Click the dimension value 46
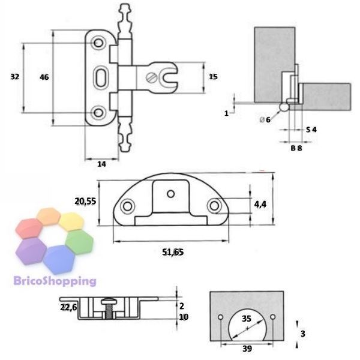pyautogui.click(x=44, y=77)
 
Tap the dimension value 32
pyautogui.click(x=15, y=77)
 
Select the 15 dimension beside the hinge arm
pyautogui.click(x=213, y=77)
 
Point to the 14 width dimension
pyautogui.click(x=102, y=164)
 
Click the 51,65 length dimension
pyautogui.click(x=173, y=252)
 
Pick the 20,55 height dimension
pyautogui.click(x=85, y=202)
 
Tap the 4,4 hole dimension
pyautogui.click(x=260, y=204)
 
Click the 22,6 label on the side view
pyautogui.click(x=68, y=307)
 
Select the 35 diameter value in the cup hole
pyautogui.click(x=247, y=319)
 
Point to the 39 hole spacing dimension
pyautogui.click(x=247, y=349)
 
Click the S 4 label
pyautogui.click(x=311, y=130)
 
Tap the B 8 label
pyautogui.click(x=296, y=148)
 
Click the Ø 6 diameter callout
pyautogui.click(x=265, y=119)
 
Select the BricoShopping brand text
pyautogui.click(x=55, y=281)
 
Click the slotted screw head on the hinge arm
pyautogui.click(x=152, y=78)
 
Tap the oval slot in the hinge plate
pyautogui.click(x=100, y=77)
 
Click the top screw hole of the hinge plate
pyautogui.click(x=98, y=43)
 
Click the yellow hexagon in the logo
pyautogui.click(x=71, y=222)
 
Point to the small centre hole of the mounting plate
pyautogui.click(x=171, y=194)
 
